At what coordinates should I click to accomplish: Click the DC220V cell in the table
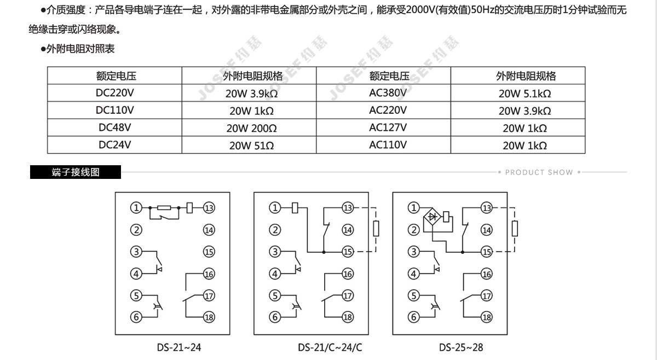114,92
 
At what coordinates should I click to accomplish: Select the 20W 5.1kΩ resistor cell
525,93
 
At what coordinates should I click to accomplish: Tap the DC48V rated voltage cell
114,127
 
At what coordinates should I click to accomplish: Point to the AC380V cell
388,92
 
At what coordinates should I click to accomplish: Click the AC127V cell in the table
388,127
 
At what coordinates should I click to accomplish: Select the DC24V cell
114,145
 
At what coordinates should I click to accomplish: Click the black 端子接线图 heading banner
76,172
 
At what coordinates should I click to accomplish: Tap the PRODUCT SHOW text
539,172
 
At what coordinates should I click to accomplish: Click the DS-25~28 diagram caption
461,347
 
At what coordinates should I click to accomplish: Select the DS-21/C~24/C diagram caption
330,347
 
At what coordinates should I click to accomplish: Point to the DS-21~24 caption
179,347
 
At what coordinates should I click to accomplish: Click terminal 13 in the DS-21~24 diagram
209,208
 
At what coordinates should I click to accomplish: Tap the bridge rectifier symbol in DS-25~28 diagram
432,217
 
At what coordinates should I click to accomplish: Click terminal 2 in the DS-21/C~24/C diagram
275,230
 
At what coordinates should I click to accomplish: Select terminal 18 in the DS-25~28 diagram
486,317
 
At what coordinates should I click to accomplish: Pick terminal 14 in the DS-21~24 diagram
209,230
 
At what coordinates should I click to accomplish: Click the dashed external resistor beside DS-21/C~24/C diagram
376,228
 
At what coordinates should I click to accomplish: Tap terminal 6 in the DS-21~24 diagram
136,317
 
